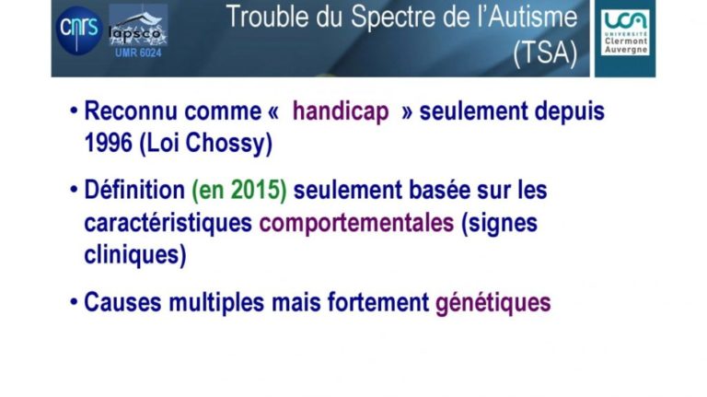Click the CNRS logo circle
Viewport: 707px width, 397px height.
(79, 30)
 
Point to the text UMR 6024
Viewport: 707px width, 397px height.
(138, 53)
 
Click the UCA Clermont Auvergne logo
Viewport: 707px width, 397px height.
(625, 33)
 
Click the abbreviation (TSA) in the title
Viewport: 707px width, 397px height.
(546, 53)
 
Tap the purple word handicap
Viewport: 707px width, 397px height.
(341, 111)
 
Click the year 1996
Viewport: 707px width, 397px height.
(109, 143)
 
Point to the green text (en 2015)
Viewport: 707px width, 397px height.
(239, 190)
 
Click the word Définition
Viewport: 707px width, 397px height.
(134, 190)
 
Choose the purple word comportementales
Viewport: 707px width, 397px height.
(356, 222)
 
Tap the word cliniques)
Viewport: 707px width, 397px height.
(135, 255)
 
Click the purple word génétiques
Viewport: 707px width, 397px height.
(493, 303)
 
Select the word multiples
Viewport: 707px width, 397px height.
(216, 302)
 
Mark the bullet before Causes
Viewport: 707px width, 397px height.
(74, 302)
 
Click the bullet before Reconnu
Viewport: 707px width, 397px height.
(74, 111)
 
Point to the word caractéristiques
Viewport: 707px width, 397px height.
(168, 223)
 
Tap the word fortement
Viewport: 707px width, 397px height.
(378, 302)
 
